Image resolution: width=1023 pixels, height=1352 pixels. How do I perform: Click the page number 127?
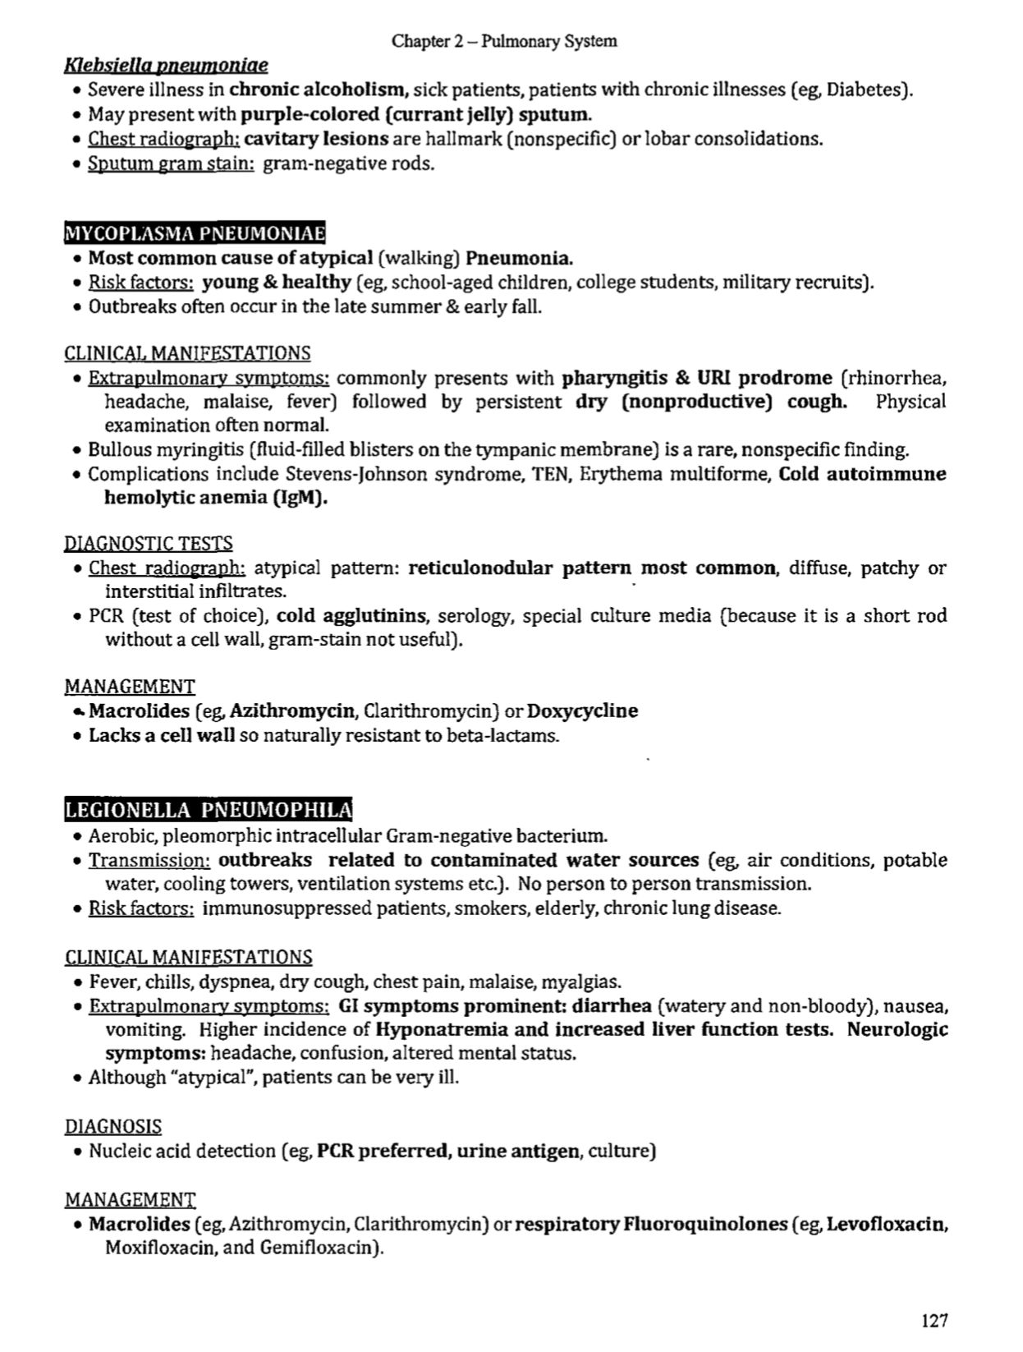934,1320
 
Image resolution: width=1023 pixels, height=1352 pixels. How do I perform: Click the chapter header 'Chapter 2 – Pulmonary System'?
504,40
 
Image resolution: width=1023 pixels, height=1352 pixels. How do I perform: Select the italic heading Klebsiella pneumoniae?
166,64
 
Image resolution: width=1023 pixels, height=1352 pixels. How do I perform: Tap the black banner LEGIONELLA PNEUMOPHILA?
208,811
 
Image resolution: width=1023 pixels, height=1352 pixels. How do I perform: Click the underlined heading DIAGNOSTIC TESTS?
148,543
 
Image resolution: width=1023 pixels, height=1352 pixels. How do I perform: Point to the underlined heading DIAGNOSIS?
112,1126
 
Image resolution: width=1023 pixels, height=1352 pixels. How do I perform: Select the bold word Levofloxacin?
887,1224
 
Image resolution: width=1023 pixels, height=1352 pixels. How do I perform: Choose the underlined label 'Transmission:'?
149,860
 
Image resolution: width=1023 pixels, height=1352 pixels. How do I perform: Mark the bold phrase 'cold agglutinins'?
351,615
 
